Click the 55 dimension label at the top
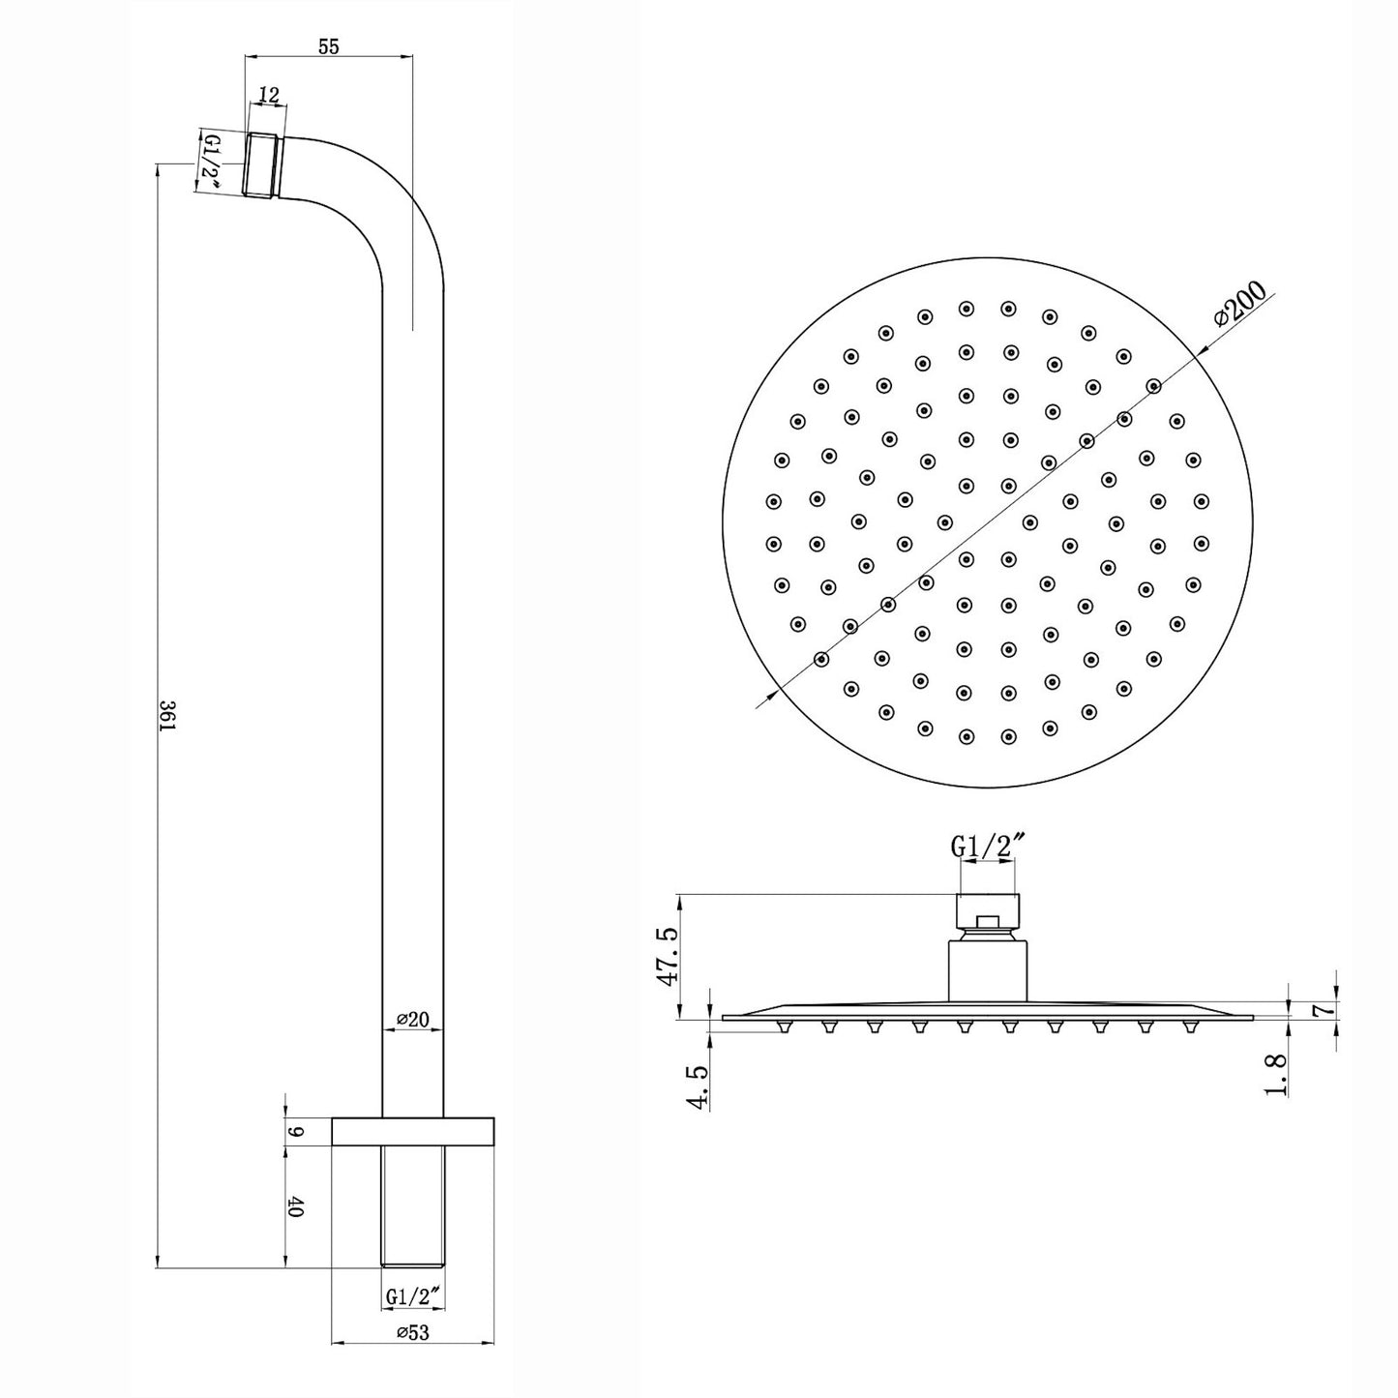[329, 46]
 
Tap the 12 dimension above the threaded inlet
[269, 95]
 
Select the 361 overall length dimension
[165, 716]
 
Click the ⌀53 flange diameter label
[412, 1332]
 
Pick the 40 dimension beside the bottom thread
[295, 1207]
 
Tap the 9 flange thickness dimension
[297, 1131]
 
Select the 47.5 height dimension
[665, 956]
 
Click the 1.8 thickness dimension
[1277, 1074]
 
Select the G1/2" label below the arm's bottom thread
[413, 1294]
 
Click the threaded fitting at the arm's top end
[260, 165]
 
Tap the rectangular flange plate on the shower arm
[413, 1131]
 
